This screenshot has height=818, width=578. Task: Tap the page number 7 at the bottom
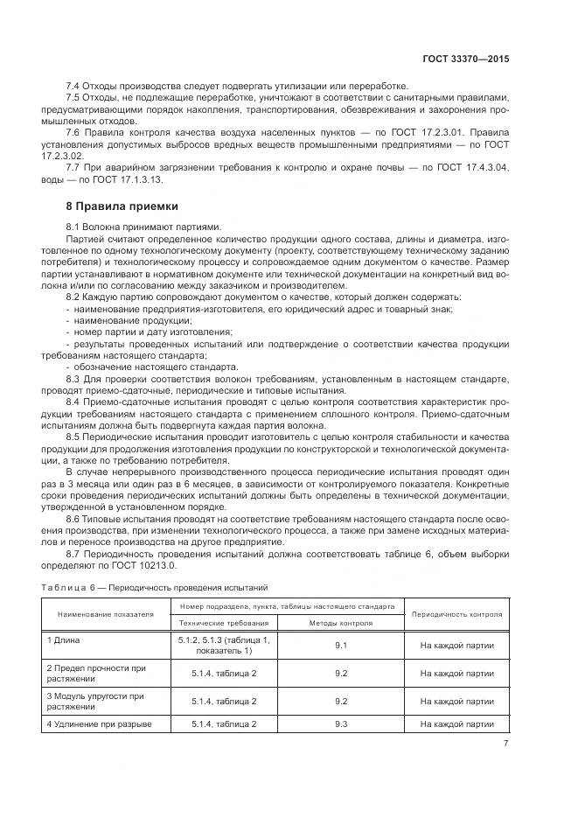[505, 745]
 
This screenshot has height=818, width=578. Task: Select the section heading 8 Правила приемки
[122, 206]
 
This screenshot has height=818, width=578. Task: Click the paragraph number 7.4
[74, 87]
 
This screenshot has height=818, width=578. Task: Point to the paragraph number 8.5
[74, 435]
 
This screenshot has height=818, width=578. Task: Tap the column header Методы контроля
[341, 623]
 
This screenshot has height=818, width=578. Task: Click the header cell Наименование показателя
[106, 614]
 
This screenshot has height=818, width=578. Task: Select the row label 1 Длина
[64, 640]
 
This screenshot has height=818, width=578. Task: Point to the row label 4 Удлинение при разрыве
[99, 724]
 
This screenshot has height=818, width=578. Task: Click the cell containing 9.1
[341, 646]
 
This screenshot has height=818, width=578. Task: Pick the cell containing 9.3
[341, 724]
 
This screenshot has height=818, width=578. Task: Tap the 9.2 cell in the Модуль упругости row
[341, 701]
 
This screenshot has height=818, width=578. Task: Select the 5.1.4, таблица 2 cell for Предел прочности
[224, 674]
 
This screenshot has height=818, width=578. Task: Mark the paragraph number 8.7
[74, 554]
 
